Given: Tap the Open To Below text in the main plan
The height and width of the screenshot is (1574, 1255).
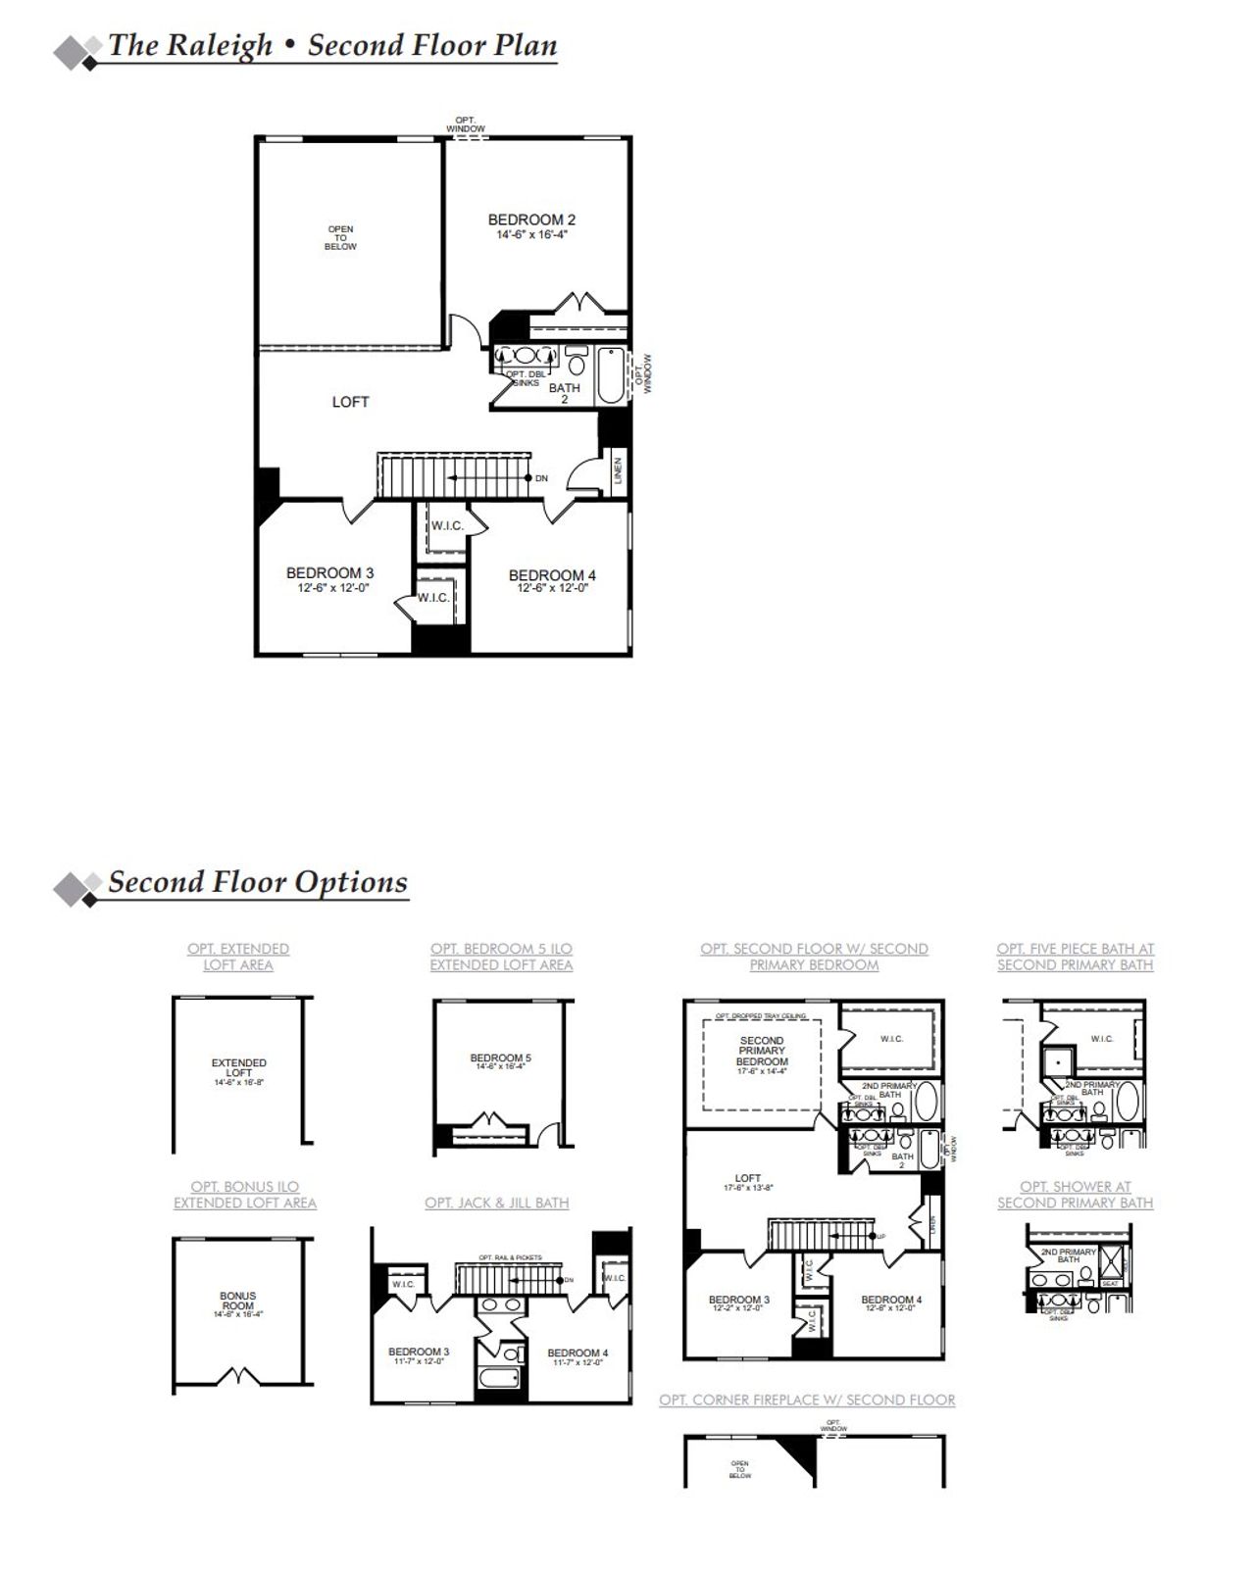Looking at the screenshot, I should (x=340, y=238).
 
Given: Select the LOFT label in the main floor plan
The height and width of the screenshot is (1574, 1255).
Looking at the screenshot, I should (x=350, y=402).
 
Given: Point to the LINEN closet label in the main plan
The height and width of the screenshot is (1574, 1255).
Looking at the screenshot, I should (x=617, y=470).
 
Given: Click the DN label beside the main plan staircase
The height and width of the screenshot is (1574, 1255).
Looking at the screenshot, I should (x=541, y=478).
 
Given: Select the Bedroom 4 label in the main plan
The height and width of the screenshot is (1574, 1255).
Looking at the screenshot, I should (x=552, y=575).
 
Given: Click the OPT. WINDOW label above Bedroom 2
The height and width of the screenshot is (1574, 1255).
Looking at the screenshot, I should (x=465, y=124).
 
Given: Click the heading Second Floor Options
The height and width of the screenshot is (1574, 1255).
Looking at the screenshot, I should (x=257, y=882).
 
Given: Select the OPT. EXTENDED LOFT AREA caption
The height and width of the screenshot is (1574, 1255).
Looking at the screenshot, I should (x=238, y=957).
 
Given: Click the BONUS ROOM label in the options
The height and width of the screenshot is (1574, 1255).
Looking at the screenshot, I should (x=238, y=1301).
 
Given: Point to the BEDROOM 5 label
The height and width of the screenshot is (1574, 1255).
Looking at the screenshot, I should (x=500, y=1058).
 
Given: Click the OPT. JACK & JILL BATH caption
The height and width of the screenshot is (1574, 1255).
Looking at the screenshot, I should (x=496, y=1203).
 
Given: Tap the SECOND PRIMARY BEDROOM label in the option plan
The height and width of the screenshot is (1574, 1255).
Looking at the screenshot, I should (x=762, y=1051).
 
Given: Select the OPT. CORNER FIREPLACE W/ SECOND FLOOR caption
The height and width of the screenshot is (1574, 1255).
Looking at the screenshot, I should (x=807, y=1400).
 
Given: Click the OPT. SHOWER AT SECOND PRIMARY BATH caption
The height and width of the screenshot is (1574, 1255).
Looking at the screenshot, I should (x=1075, y=1195).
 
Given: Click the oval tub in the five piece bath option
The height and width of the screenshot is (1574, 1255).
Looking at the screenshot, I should (x=1129, y=1102).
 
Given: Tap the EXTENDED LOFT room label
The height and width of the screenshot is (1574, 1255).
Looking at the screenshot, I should (x=238, y=1068).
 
